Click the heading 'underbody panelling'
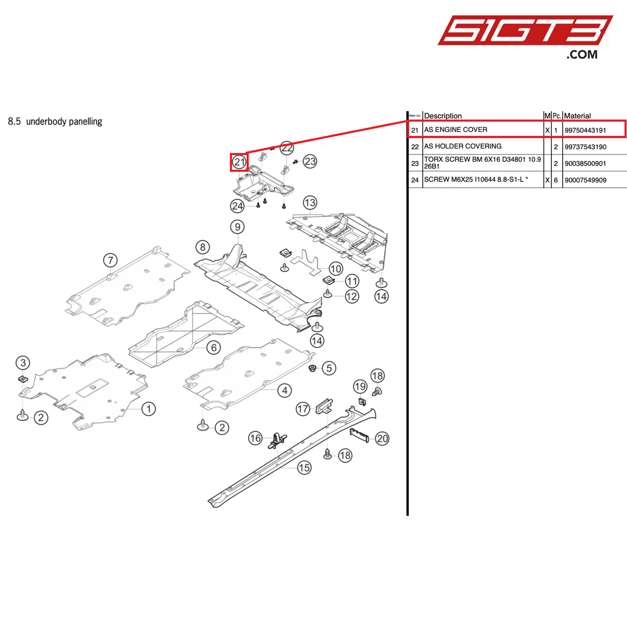tap(64, 122)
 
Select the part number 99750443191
tap(585, 130)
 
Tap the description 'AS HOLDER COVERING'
tap(463, 146)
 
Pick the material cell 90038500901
tap(585, 163)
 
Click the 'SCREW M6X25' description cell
tap(476, 179)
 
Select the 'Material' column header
tap(577, 116)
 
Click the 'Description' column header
tap(443, 116)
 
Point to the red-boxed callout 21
tap(239, 162)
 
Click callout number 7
tap(110, 260)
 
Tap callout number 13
tap(310, 203)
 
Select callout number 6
tap(214, 347)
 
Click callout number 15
tap(304, 468)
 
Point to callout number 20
tap(382, 438)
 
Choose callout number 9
tap(237, 227)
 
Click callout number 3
tap(23, 363)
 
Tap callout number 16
tap(255, 438)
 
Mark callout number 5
tap(329, 368)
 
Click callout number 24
tap(237, 206)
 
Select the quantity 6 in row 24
tap(556, 180)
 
